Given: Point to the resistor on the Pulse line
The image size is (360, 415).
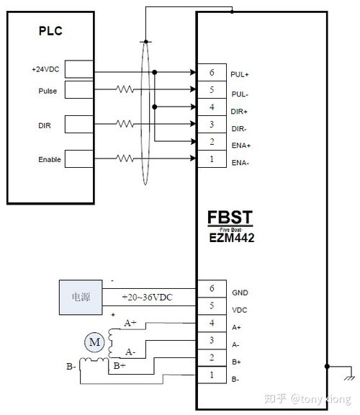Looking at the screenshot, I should (125, 90).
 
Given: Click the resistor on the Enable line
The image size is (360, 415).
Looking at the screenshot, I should (125, 159).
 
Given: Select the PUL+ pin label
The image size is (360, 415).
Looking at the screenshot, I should (239, 73).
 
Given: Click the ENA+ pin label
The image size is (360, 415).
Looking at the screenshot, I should (240, 145).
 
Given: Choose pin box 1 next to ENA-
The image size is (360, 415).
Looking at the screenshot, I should (212, 159).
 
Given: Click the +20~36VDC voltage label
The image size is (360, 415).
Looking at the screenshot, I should (147, 298).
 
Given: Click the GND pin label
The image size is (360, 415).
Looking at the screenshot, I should (240, 293).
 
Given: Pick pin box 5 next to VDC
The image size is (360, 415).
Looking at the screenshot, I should (212, 305).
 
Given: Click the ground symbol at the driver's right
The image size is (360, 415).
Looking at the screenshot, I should (349, 376).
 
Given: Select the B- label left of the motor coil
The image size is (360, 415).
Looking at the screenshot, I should (71, 367).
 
